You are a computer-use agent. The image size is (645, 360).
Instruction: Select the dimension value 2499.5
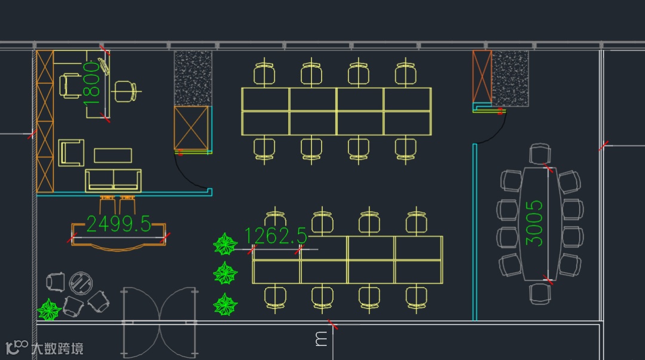pos(119,224)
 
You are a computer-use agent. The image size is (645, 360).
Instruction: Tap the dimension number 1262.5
pos(275,236)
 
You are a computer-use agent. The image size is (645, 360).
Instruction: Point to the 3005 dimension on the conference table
pos(535,223)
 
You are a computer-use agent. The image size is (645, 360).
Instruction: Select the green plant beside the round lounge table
pos(50,309)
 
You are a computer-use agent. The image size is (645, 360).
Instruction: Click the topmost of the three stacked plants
pos(225,244)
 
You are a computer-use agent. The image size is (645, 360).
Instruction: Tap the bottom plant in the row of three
pos(225,304)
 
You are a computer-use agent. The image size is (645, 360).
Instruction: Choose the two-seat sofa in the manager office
pos(113,180)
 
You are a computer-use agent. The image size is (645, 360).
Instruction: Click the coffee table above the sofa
pos(113,155)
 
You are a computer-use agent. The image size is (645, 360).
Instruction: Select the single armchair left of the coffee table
pos(71,152)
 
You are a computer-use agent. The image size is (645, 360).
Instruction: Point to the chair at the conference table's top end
pos(540,154)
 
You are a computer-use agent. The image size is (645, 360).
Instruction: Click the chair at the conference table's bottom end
pos(540,293)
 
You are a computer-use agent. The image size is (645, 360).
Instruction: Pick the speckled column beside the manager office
pos(193,78)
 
